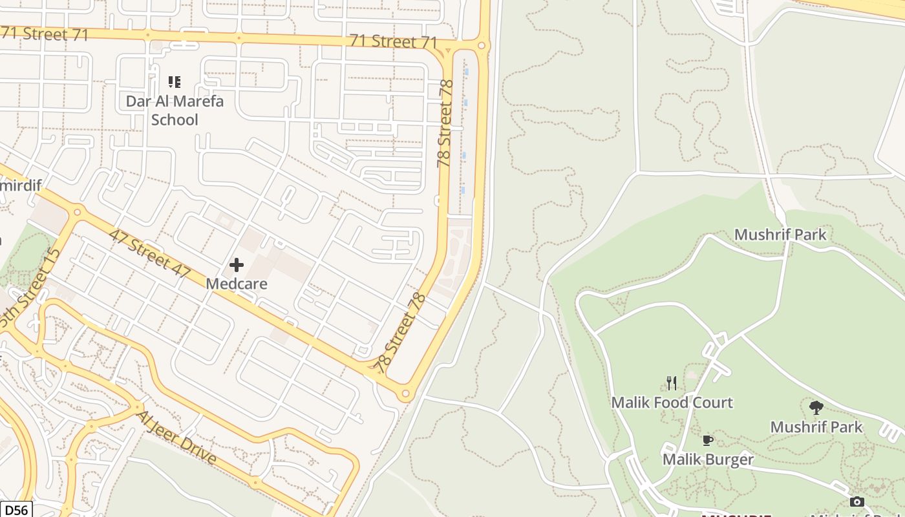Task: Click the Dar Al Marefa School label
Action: tap(175, 110)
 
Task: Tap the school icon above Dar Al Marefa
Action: tap(175, 82)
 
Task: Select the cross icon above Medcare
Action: tap(237, 265)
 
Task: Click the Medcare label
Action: tap(237, 284)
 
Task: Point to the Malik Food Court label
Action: tap(672, 403)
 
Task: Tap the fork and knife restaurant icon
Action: tap(672, 383)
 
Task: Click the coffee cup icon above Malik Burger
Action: tap(708, 441)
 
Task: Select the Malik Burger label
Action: tap(708, 459)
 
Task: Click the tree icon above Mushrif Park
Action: tap(816, 408)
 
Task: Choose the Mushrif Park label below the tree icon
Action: tap(816, 427)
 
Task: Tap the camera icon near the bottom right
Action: tap(857, 501)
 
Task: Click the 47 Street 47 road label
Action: tap(149, 253)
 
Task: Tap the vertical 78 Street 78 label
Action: tap(445, 123)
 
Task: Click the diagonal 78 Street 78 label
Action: tap(401, 332)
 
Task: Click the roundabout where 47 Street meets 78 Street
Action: tap(405, 393)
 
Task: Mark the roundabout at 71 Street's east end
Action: tap(482, 45)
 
